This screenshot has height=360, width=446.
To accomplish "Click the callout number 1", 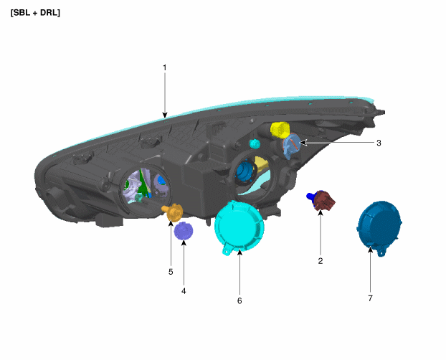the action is pyautogui.click(x=164, y=67).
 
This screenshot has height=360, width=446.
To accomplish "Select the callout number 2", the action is pyautogui.click(x=321, y=261).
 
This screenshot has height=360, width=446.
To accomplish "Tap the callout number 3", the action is pyautogui.click(x=379, y=143).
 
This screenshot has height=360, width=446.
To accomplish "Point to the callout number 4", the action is pyautogui.click(x=184, y=291).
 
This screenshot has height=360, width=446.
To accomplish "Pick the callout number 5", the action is pyautogui.click(x=171, y=272).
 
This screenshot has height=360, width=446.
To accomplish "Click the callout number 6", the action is pyautogui.click(x=239, y=300).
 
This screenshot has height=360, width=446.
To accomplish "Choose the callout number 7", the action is pyautogui.click(x=370, y=298).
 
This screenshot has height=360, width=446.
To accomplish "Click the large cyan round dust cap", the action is pyautogui.click(x=239, y=227).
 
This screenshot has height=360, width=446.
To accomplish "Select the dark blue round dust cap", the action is pyautogui.click(x=379, y=227).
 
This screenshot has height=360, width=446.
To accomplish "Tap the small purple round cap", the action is pyautogui.click(x=184, y=231).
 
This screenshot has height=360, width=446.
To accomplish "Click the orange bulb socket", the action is pyautogui.click(x=173, y=212).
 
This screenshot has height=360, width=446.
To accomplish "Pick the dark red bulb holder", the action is pyautogui.click(x=323, y=200).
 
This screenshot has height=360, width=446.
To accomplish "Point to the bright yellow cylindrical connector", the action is pyautogui.click(x=280, y=130).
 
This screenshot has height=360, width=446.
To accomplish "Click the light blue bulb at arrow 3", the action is pyautogui.click(x=290, y=146).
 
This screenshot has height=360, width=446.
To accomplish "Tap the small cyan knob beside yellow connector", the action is pyautogui.click(x=255, y=144).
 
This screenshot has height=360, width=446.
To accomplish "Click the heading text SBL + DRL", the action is pyautogui.click(x=35, y=13).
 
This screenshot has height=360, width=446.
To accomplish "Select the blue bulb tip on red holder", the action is pyautogui.click(x=310, y=196).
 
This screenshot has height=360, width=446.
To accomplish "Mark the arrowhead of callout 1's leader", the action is pyautogui.click(x=165, y=115).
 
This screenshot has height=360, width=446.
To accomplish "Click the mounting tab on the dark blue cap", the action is pyautogui.click(x=381, y=252).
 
